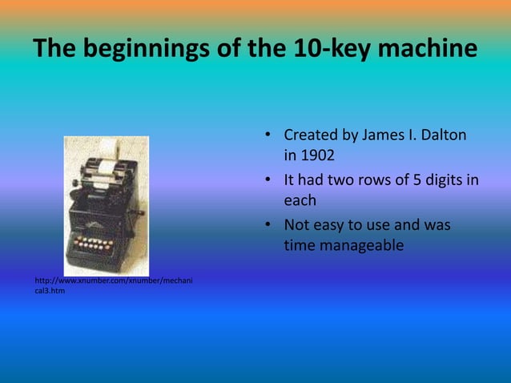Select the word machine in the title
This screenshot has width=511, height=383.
(x=423, y=50)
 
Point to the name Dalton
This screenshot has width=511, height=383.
(x=438, y=134)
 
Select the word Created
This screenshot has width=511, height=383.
(x=311, y=134)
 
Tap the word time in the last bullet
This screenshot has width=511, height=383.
(x=300, y=246)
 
